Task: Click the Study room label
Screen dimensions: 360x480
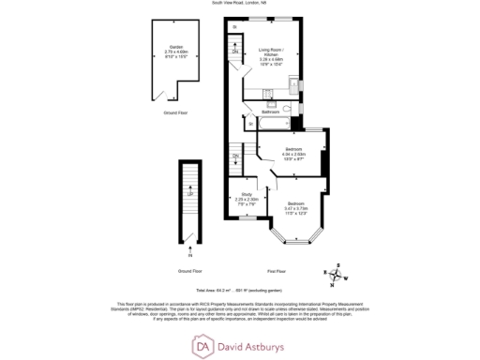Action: coord(247,194)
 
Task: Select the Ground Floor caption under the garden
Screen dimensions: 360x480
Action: coord(171,111)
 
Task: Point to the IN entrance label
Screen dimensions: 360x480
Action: coord(190,254)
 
